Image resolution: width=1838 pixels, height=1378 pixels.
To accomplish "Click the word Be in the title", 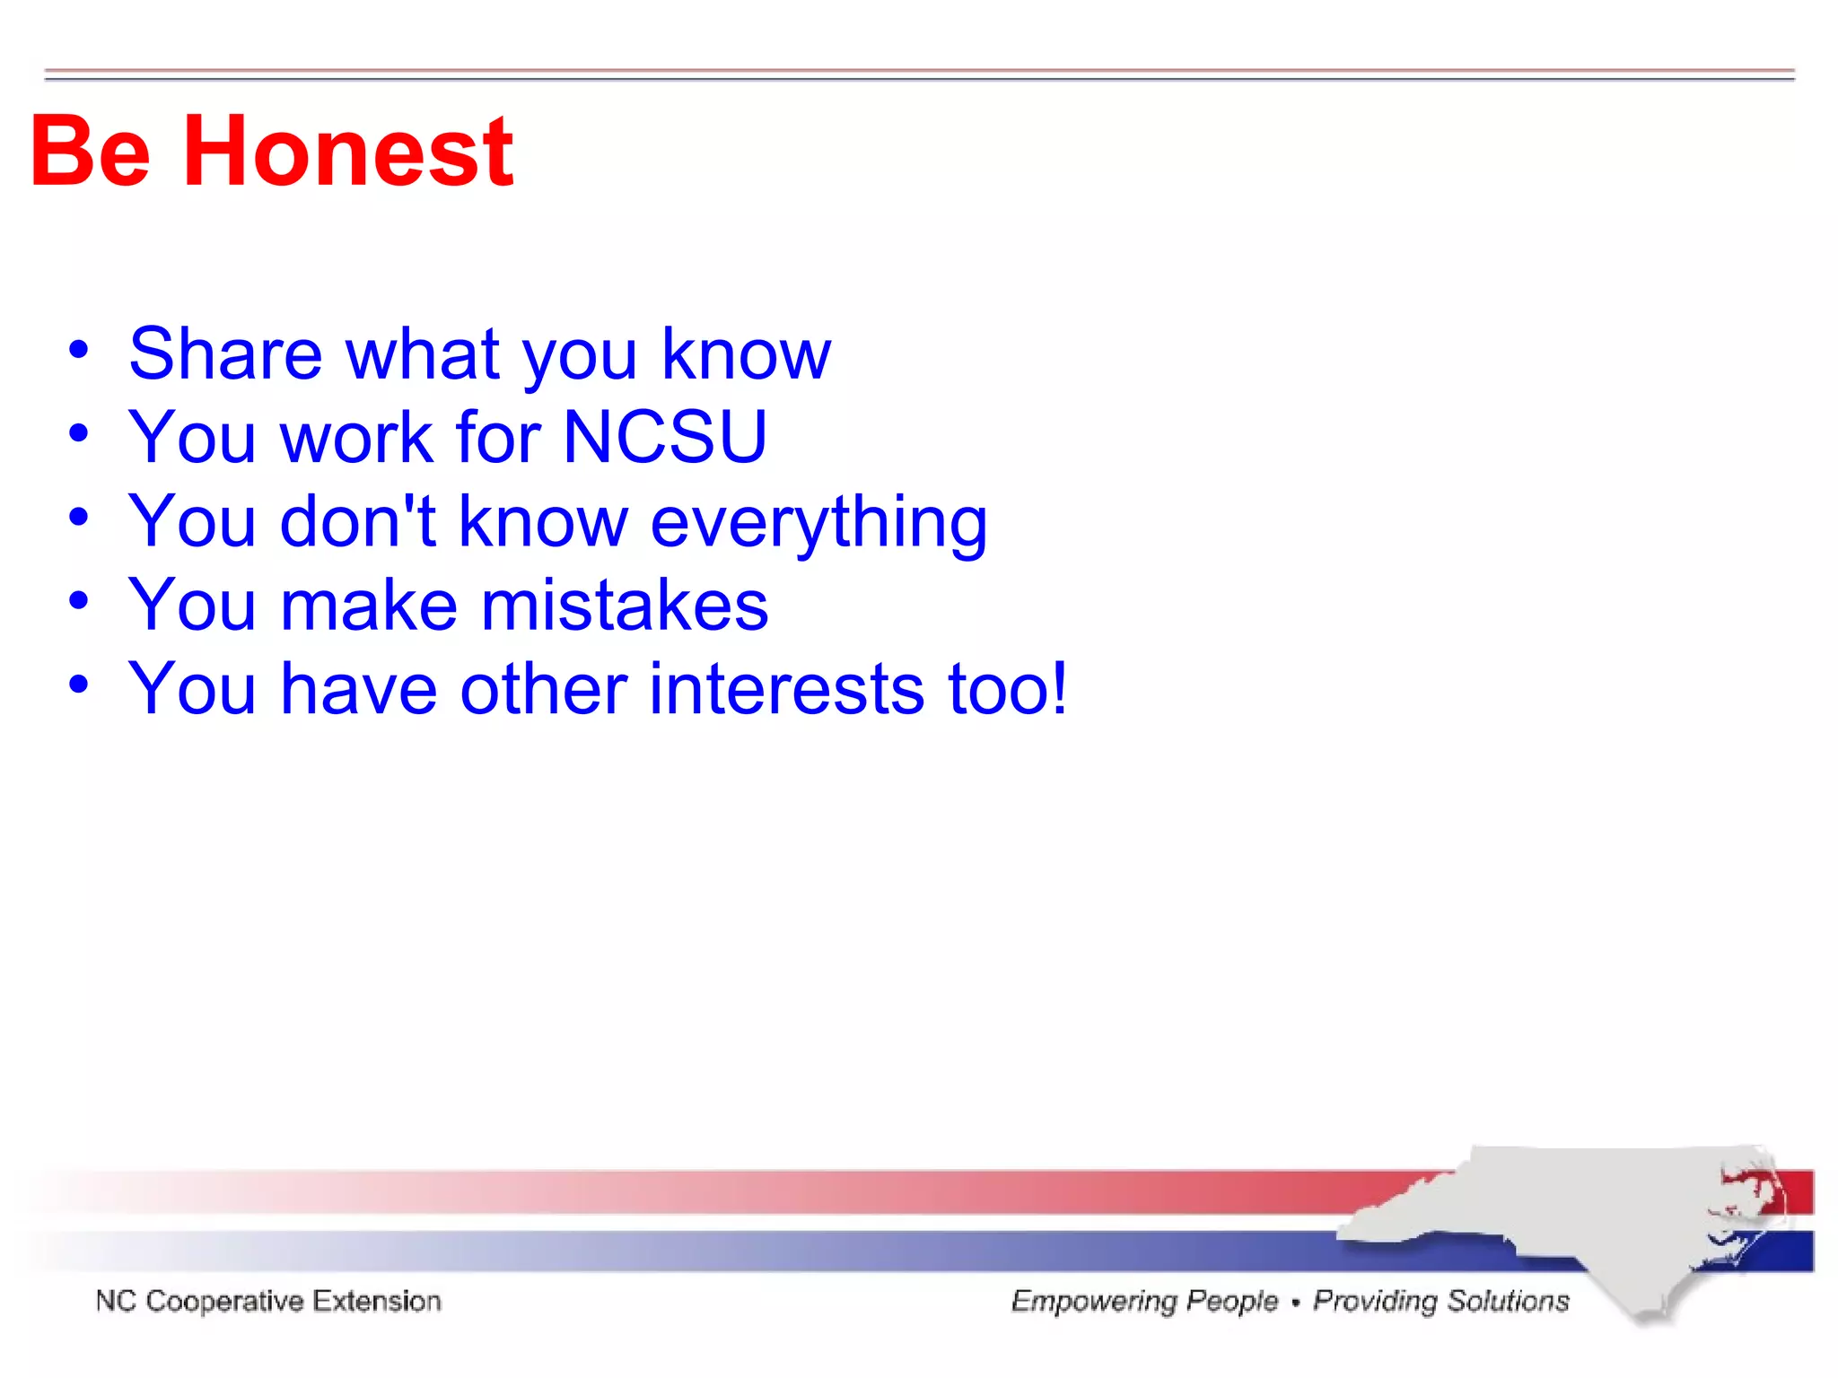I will (x=90, y=153).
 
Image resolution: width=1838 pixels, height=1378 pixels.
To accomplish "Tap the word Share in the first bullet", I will (x=225, y=354).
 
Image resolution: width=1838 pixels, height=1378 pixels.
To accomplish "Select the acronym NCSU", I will (x=665, y=438).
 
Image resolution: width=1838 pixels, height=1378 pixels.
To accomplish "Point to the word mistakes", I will (x=625, y=606).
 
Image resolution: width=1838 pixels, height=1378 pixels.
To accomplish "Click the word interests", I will (x=786, y=690).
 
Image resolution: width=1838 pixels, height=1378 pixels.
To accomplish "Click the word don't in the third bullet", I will (x=357, y=521).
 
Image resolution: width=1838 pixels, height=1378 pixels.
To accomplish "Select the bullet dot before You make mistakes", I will (x=79, y=601).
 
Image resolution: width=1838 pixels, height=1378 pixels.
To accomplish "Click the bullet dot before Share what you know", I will (x=79, y=350).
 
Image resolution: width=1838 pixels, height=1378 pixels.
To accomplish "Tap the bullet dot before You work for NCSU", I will (x=79, y=433).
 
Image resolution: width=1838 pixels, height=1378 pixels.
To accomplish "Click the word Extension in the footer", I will (x=377, y=1301).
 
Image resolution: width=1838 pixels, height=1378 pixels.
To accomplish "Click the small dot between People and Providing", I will (x=1295, y=1303).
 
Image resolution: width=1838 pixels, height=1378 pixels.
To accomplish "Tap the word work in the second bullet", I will (x=357, y=438).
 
